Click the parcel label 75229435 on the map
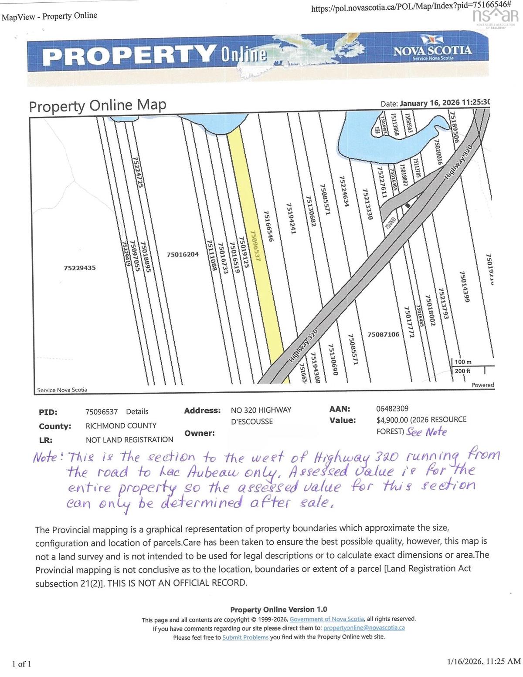coord(79,268)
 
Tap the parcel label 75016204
coord(183,254)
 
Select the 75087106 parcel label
coord(384,334)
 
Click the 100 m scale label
coord(463,362)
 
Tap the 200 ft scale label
coord(462,371)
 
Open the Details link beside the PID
coord(137,411)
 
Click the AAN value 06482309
coord(392,408)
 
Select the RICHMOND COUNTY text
coord(121,426)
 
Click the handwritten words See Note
coord(426,432)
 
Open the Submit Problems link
coord(245,637)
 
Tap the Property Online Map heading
coord(98,106)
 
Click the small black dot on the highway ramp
coord(408,205)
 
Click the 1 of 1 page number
coord(22,664)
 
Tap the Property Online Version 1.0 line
coord(278,610)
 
